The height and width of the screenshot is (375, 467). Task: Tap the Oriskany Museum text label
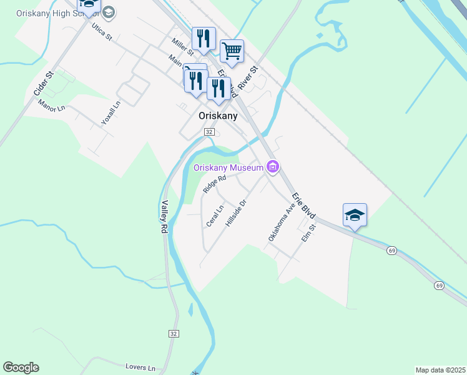pos(228,167)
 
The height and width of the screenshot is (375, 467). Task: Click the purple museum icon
pos(272,167)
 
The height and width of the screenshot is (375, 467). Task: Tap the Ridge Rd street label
pos(214,183)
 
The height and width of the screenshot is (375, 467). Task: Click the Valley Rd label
pos(165,217)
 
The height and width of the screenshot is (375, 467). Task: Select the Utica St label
pos(101,32)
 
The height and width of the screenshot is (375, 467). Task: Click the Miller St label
pos(183,45)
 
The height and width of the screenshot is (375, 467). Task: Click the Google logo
pos(21,367)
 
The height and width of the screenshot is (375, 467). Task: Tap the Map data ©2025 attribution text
pos(440,370)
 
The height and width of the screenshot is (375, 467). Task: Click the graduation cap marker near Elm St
pos(355,215)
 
